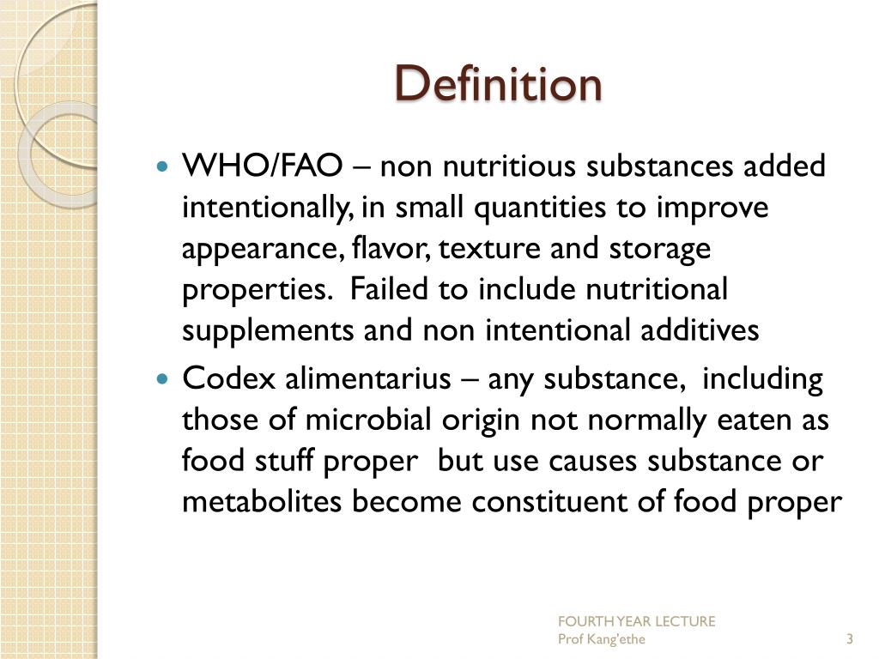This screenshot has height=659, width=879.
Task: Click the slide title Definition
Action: pyautogui.click(x=498, y=84)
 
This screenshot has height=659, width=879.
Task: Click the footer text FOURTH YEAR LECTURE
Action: pyautogui.click(x=636, y=621)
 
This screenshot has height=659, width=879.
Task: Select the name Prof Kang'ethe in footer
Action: pyautogui.click(x=602, y=639)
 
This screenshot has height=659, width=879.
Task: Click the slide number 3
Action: pyautogui.click(x=849, y=639)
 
